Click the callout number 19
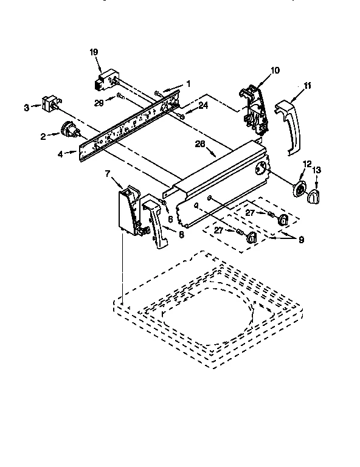pyautogui.click(x=94, y=53)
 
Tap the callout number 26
pyautogui.click(x=199, y=145)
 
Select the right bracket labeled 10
pyautogui.click(x=255, y=109)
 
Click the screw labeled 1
pyautogui.click(x=159, y=92)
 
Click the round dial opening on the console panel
pyautogui.click(x=261, y=171)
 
